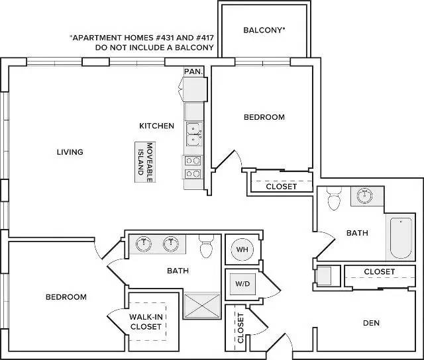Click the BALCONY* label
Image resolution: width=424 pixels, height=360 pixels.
point(264,30)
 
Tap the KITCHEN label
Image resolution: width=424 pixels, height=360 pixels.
point(156,126)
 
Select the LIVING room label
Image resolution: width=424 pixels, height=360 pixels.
point(70,152)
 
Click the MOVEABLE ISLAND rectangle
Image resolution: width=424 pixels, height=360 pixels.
point(145,162)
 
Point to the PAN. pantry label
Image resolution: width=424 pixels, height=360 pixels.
point(193,71)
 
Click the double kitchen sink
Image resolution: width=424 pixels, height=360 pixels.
point(194,134)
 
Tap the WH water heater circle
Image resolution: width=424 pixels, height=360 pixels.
point(242,249)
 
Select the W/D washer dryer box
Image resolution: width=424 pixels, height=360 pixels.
point(242,284)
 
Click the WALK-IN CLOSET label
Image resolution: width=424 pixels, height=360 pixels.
point(146,322)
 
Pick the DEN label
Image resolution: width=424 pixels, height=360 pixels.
point(371,323)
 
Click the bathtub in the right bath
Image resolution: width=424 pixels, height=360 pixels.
point(401,238)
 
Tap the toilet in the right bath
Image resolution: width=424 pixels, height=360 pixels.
point(334,199)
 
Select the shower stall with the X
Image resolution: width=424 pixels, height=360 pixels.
point(202,306)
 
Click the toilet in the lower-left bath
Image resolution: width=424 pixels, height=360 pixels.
point(207,246)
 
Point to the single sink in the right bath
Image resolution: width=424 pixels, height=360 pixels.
point(364,195)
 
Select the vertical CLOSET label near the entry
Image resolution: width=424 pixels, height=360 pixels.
point(240,328)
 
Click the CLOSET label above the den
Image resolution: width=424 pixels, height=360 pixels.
point(380,272)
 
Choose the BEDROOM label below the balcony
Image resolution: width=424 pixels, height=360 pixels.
point(264,117)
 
